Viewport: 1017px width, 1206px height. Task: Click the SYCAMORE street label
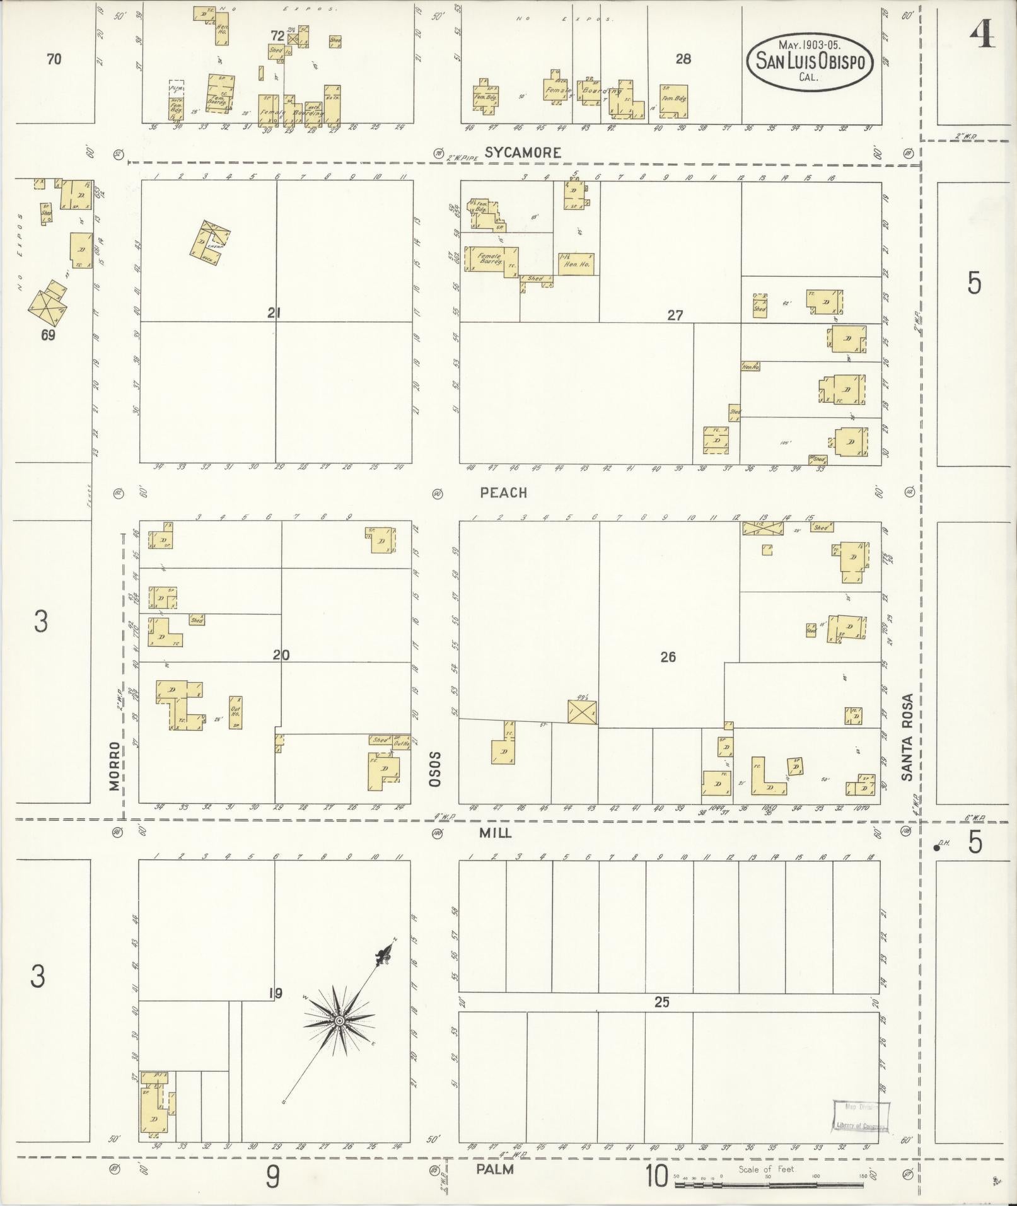523,153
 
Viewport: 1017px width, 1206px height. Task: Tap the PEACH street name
503,493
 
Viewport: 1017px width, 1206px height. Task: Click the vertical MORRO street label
114,766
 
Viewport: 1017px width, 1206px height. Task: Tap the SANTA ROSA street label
907,738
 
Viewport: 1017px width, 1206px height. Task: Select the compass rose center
339,1020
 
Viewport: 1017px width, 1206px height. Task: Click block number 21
274,312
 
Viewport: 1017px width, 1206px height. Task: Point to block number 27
675,315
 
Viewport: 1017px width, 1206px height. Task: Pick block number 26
668,658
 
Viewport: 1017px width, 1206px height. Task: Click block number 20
281,656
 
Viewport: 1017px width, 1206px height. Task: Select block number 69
48,335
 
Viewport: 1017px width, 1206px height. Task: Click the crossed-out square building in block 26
582,711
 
